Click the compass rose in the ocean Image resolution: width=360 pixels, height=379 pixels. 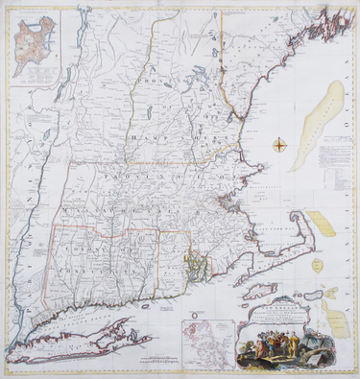[279, 146]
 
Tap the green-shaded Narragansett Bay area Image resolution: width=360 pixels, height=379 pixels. [196, 260]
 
